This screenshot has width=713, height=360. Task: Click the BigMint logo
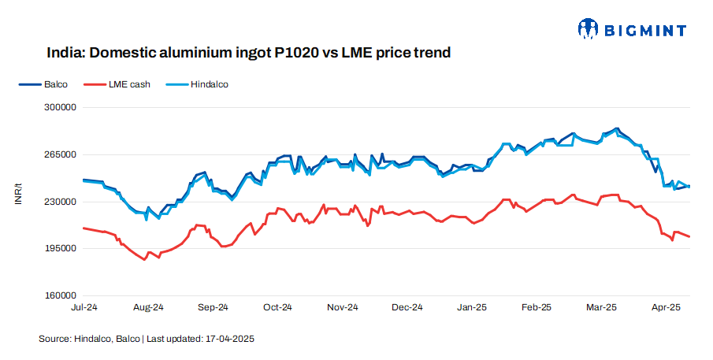coord(631,30)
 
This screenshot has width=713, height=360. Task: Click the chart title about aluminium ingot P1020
coord(248,54)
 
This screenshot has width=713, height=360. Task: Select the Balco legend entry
coord(46,84)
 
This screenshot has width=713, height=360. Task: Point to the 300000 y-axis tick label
coord(58,107)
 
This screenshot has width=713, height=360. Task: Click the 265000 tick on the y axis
coord(58,154)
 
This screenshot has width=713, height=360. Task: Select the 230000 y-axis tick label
coord(58,202)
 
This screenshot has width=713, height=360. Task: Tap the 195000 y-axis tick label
coord(58,249)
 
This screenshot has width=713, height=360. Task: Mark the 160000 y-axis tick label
coord(58,296)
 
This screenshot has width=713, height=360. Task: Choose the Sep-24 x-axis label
coord(213,307)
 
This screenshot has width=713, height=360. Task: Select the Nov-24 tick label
coord(342,307)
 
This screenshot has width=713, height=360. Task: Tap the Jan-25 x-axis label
coord(472,307)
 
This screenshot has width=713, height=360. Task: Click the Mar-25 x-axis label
coord(601,307)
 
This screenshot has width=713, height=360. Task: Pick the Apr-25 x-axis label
coord(666,307)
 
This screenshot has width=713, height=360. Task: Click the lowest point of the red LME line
coord(145,259)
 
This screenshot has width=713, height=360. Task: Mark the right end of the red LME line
coord(690,236)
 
